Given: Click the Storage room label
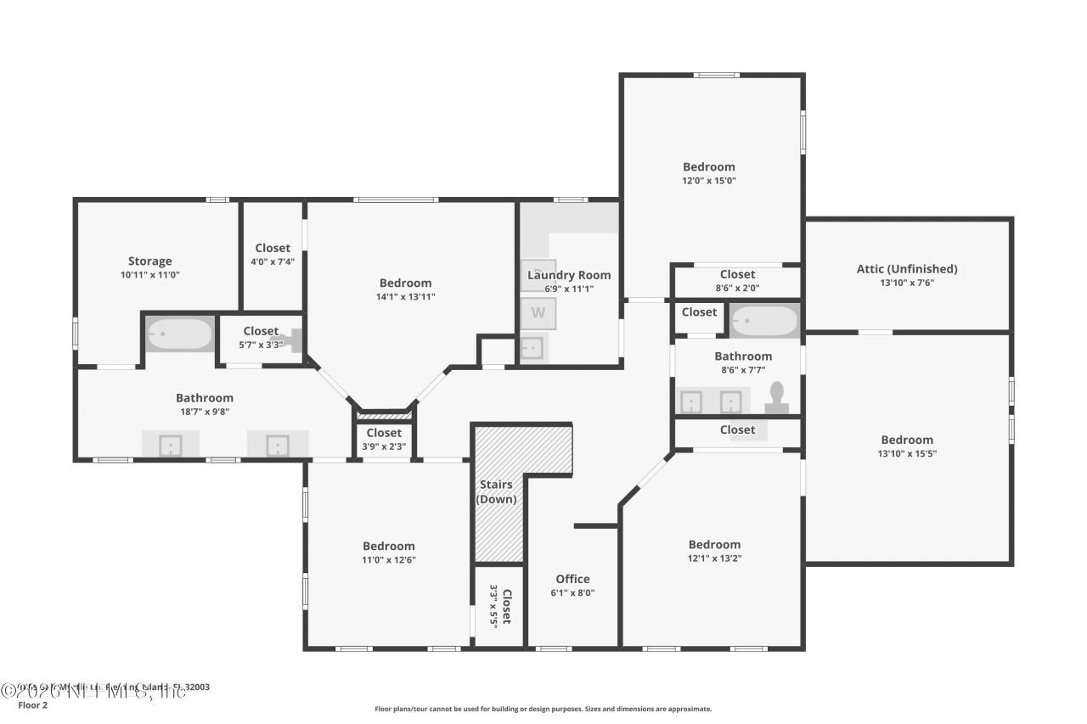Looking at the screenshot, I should pos(149,261).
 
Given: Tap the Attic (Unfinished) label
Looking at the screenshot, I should pos(906,269).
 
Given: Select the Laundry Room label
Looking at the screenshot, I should pos(568,275).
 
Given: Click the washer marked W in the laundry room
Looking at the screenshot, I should pos(538,312).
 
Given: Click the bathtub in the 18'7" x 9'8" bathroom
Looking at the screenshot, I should pos(179,334).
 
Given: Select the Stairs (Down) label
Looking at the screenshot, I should pos(496,491).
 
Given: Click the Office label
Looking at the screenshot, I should pos(572,579).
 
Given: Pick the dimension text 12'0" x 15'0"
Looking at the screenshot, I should pos(708,181).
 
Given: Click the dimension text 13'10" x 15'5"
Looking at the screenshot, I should pos(906,453).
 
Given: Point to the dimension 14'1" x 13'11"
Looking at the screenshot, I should pos(405,297).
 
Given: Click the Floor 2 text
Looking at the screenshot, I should pos(32,704).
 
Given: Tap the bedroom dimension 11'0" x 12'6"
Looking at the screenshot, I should pos(388,559).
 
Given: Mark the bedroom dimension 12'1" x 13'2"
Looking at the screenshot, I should pos(713,558).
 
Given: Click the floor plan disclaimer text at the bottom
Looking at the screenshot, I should pos(543,709).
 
